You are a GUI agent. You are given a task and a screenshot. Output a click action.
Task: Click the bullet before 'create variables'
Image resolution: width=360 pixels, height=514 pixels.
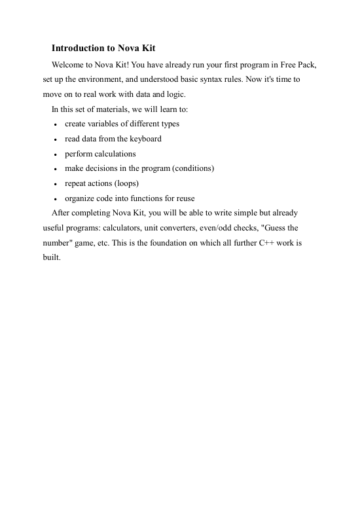click(56, 124)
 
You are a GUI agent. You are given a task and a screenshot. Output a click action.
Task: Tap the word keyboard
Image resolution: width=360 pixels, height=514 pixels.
click(144, 138)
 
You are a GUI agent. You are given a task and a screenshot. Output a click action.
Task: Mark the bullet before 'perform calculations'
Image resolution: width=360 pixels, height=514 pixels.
click(56, 155)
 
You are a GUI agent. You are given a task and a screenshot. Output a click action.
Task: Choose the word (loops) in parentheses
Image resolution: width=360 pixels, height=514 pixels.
click(124, 183)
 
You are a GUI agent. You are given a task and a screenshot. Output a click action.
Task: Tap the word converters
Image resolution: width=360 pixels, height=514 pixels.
click(192, 228)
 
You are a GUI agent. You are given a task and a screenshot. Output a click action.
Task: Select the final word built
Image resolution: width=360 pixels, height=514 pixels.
click(43, 257)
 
